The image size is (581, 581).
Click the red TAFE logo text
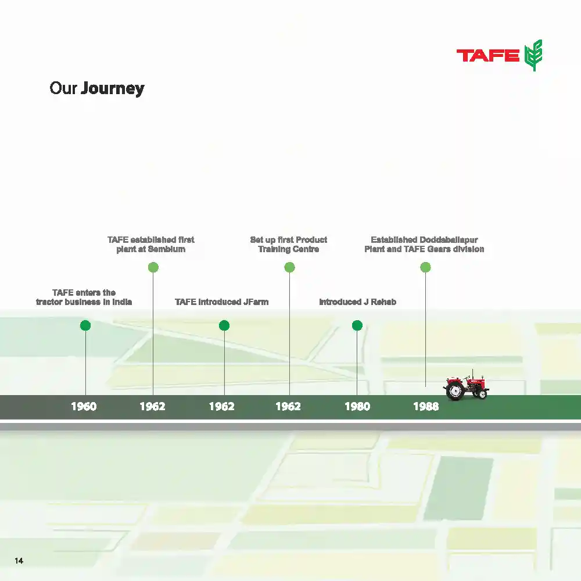pyautogui.click(x=487, y=56)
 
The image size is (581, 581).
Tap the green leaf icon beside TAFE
pyautogui.click(x=533, y=55)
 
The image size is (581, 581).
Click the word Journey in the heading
pyautogui.click(x=113, y=88)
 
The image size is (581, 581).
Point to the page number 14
pyautogui.click(x=19, y=561)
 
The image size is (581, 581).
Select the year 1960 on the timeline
pyautogui.click(x=84, y=407)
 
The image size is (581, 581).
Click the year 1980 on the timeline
pyautogui.click(x=357, y=407)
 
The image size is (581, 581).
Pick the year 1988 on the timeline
pyautogui.click(x=426, y=407)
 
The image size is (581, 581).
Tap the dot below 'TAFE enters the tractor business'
pyautogui.click(x=85, y=325)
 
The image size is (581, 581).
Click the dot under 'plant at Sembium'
pyautogui.click(x=153, y=267)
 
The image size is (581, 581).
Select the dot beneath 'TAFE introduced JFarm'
pyautogui.click(x=224, y=325)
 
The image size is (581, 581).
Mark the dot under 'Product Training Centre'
pyautogui.click(x=289, y=267)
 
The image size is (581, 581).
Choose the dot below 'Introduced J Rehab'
pyautogui.click(x=357, y=325)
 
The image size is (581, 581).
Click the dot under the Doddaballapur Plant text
pyautogui.click(x=425, y=267)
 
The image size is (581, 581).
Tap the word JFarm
pyautogui.click(x=254, y=302)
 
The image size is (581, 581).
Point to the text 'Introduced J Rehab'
pyautogui.click(x=357, y=302)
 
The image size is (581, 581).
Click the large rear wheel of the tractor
pyautogui.click(x=454, y=391)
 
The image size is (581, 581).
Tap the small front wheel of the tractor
pyautogui.click(x=481, y=393)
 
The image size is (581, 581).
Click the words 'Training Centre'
pyautogui.click(x=289, y=249)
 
